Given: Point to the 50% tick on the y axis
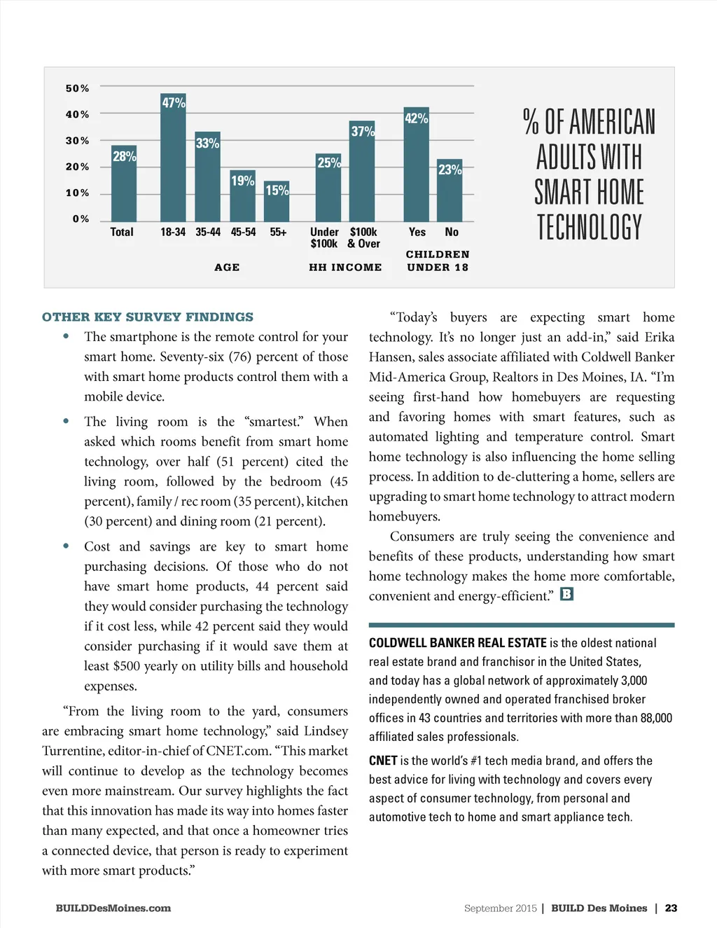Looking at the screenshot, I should click(78, 88).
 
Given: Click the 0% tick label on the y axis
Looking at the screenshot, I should click(81, 219).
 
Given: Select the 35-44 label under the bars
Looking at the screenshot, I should click(208, 232).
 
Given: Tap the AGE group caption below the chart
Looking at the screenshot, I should click(227, 268).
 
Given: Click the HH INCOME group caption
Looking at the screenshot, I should click(345, 268).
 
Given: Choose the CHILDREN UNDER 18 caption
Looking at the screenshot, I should click(438, 261).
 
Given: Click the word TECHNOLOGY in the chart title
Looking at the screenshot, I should click(589, 228).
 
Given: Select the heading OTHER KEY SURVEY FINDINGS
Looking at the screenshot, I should click(148, 317).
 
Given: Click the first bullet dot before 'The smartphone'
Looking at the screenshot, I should click(66, 336).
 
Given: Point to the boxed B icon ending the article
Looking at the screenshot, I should click(566, 594).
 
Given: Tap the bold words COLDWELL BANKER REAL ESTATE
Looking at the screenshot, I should click(457, 643).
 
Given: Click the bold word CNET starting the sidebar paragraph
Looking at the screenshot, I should click(383, 761).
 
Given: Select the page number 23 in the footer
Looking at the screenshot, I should click(671, 908).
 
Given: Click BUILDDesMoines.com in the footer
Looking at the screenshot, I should click(113, 908).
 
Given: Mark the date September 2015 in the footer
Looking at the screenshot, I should click(500, 908).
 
